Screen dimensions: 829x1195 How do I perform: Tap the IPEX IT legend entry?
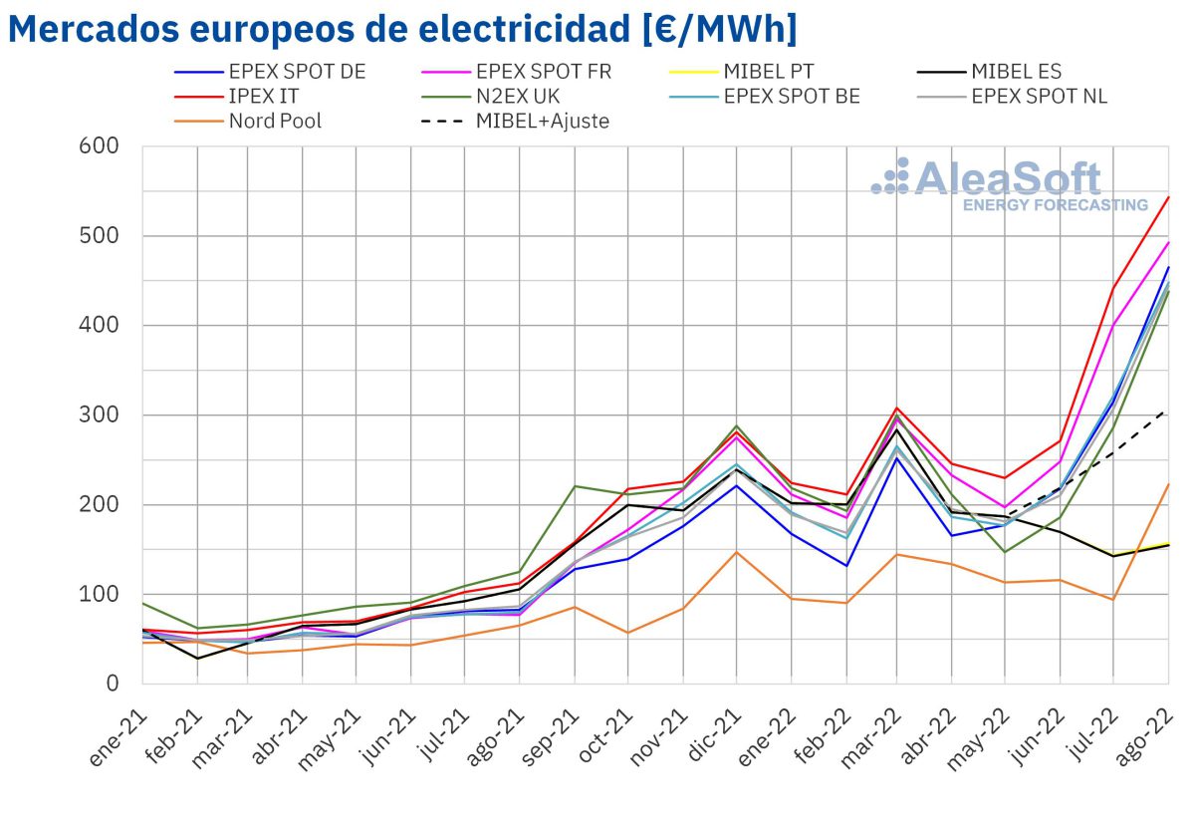pos(263,97)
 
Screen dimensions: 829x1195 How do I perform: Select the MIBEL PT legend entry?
pos(768,72)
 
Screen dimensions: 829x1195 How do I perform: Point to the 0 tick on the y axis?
pos(112,685)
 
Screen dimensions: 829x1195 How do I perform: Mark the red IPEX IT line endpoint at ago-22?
pos(1168,196)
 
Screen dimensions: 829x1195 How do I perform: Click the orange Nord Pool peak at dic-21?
pos(736,552)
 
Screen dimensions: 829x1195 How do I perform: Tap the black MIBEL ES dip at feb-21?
pos(197,659)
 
